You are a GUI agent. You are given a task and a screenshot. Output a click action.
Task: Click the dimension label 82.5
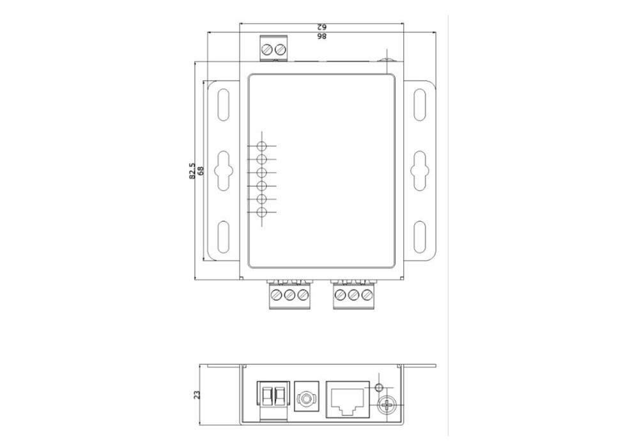tap(192, 171)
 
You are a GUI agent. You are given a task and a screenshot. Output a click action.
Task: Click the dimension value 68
tap(201, 171)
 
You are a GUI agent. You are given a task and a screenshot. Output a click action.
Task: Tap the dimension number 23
tap(197, 395)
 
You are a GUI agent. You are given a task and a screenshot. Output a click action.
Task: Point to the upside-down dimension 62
tap(321, 28)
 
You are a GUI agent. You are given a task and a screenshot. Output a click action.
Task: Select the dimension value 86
tap(321, 36)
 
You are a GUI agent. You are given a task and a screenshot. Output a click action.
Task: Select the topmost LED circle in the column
tap(262, 146)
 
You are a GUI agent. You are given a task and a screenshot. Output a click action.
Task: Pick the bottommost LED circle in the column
tap(262, 213)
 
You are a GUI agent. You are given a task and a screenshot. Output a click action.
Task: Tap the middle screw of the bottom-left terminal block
tap(289, 295)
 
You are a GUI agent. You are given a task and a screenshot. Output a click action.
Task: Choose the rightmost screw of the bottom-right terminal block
tap(366, 295)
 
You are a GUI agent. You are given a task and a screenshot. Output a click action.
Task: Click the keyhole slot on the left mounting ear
tap(222, 169)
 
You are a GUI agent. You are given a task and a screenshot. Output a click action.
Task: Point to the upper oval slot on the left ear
tap(222, 104)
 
